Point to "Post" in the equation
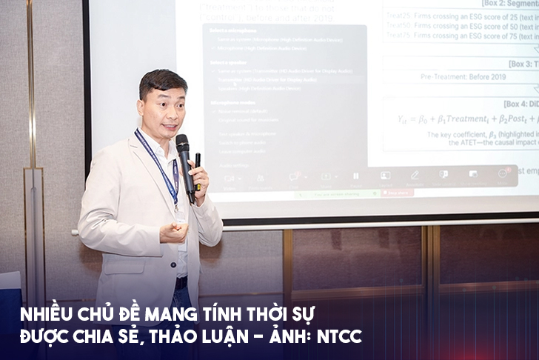(517, 118)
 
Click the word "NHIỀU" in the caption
(44, 314)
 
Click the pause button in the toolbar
(355, 176)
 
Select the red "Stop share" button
(398, 193)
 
